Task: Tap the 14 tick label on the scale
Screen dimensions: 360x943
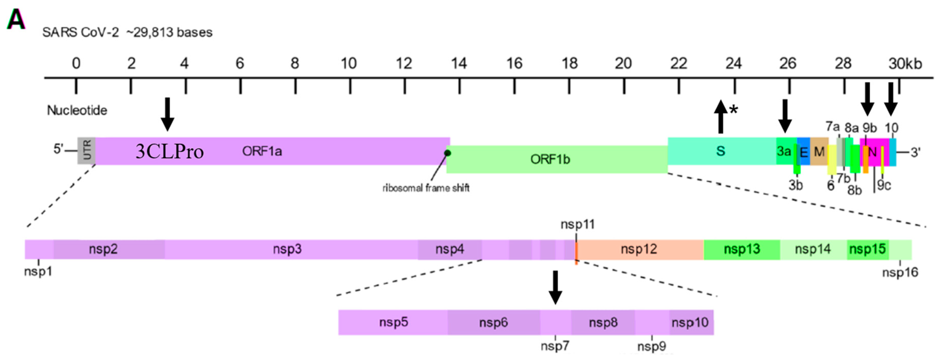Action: click(459, 64)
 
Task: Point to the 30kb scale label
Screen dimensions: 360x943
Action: click(905, 64)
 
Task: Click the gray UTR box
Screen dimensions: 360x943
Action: click(86, 151)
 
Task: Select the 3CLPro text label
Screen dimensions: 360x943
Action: click(170, 151)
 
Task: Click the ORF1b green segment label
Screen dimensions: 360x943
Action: click(550, 159)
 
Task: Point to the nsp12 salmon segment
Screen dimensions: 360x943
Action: click(639, 249)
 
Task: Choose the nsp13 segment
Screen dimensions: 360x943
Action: click(742, 249)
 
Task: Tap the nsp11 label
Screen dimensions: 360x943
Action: click(577, 224)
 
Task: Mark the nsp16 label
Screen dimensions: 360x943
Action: click(900, 273)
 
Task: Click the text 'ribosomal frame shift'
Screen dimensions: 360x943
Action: click(426, 188)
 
